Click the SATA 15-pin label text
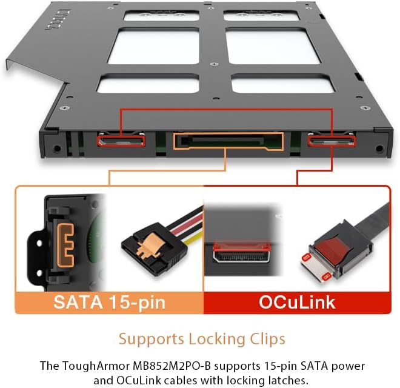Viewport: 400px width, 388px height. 110,303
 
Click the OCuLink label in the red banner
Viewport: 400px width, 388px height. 297,303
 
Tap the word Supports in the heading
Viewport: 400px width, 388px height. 152,339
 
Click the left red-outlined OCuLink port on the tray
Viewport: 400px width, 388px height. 121,141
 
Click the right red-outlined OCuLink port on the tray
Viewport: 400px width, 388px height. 332,141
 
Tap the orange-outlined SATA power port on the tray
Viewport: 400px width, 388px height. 228,141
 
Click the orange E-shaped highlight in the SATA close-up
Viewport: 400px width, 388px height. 65,245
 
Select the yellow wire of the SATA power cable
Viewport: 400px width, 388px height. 195,238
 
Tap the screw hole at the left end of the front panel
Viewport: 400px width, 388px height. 56,148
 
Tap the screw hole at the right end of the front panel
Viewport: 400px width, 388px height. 379,149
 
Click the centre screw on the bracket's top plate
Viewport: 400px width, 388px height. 214,64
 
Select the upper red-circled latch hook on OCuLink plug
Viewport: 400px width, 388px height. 307,258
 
